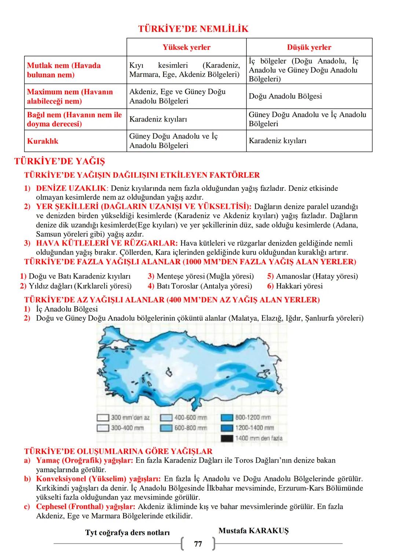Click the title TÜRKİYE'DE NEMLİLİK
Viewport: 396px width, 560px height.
193,29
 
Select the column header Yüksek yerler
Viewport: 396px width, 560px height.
186,47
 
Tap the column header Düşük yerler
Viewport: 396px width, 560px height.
309,47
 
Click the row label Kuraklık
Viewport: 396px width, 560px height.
43,141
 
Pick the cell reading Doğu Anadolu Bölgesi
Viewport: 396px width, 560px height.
285,96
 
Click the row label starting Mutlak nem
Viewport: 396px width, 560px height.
64,70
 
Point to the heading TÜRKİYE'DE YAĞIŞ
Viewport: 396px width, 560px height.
59,161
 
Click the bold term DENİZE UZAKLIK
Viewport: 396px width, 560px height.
71,188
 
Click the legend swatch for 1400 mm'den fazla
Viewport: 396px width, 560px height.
227,438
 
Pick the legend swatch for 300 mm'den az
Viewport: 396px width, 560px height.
103,418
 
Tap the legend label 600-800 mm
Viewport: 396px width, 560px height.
191,428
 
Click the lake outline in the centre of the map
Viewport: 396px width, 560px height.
169,373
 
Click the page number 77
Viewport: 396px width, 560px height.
198,544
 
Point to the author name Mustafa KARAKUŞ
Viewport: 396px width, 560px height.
253,531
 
